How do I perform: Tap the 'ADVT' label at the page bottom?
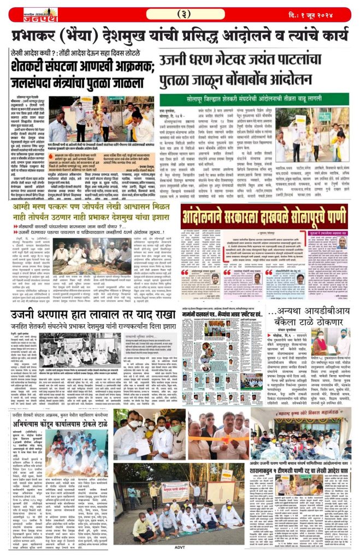pos(179,554)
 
